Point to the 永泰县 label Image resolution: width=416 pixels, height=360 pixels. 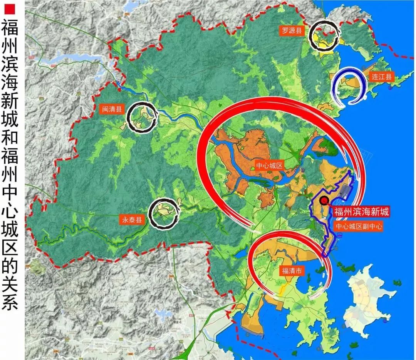pyautogui.click(x=131, y=220)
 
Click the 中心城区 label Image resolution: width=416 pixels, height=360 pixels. pyautogui.click(x=270, y=166)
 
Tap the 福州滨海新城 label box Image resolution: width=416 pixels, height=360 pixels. pyautogui.click(x=362, y=211)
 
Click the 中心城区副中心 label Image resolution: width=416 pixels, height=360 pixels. pyautogui.click(x=359, y=226)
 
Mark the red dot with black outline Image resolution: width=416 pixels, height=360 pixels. pyautogui.click(x=324, y=200)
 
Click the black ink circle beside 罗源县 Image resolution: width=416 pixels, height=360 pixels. pyautogui.click(x=325, y=36)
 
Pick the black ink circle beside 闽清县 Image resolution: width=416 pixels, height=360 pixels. pyautogui.click(x=142, y=117)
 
